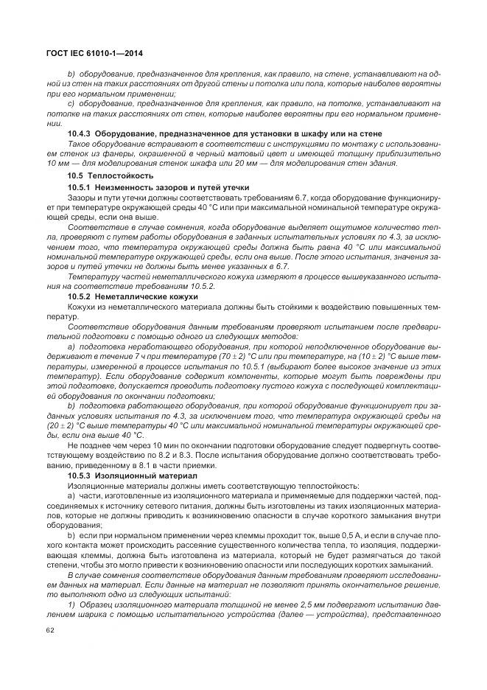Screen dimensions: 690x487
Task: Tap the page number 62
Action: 50,630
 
